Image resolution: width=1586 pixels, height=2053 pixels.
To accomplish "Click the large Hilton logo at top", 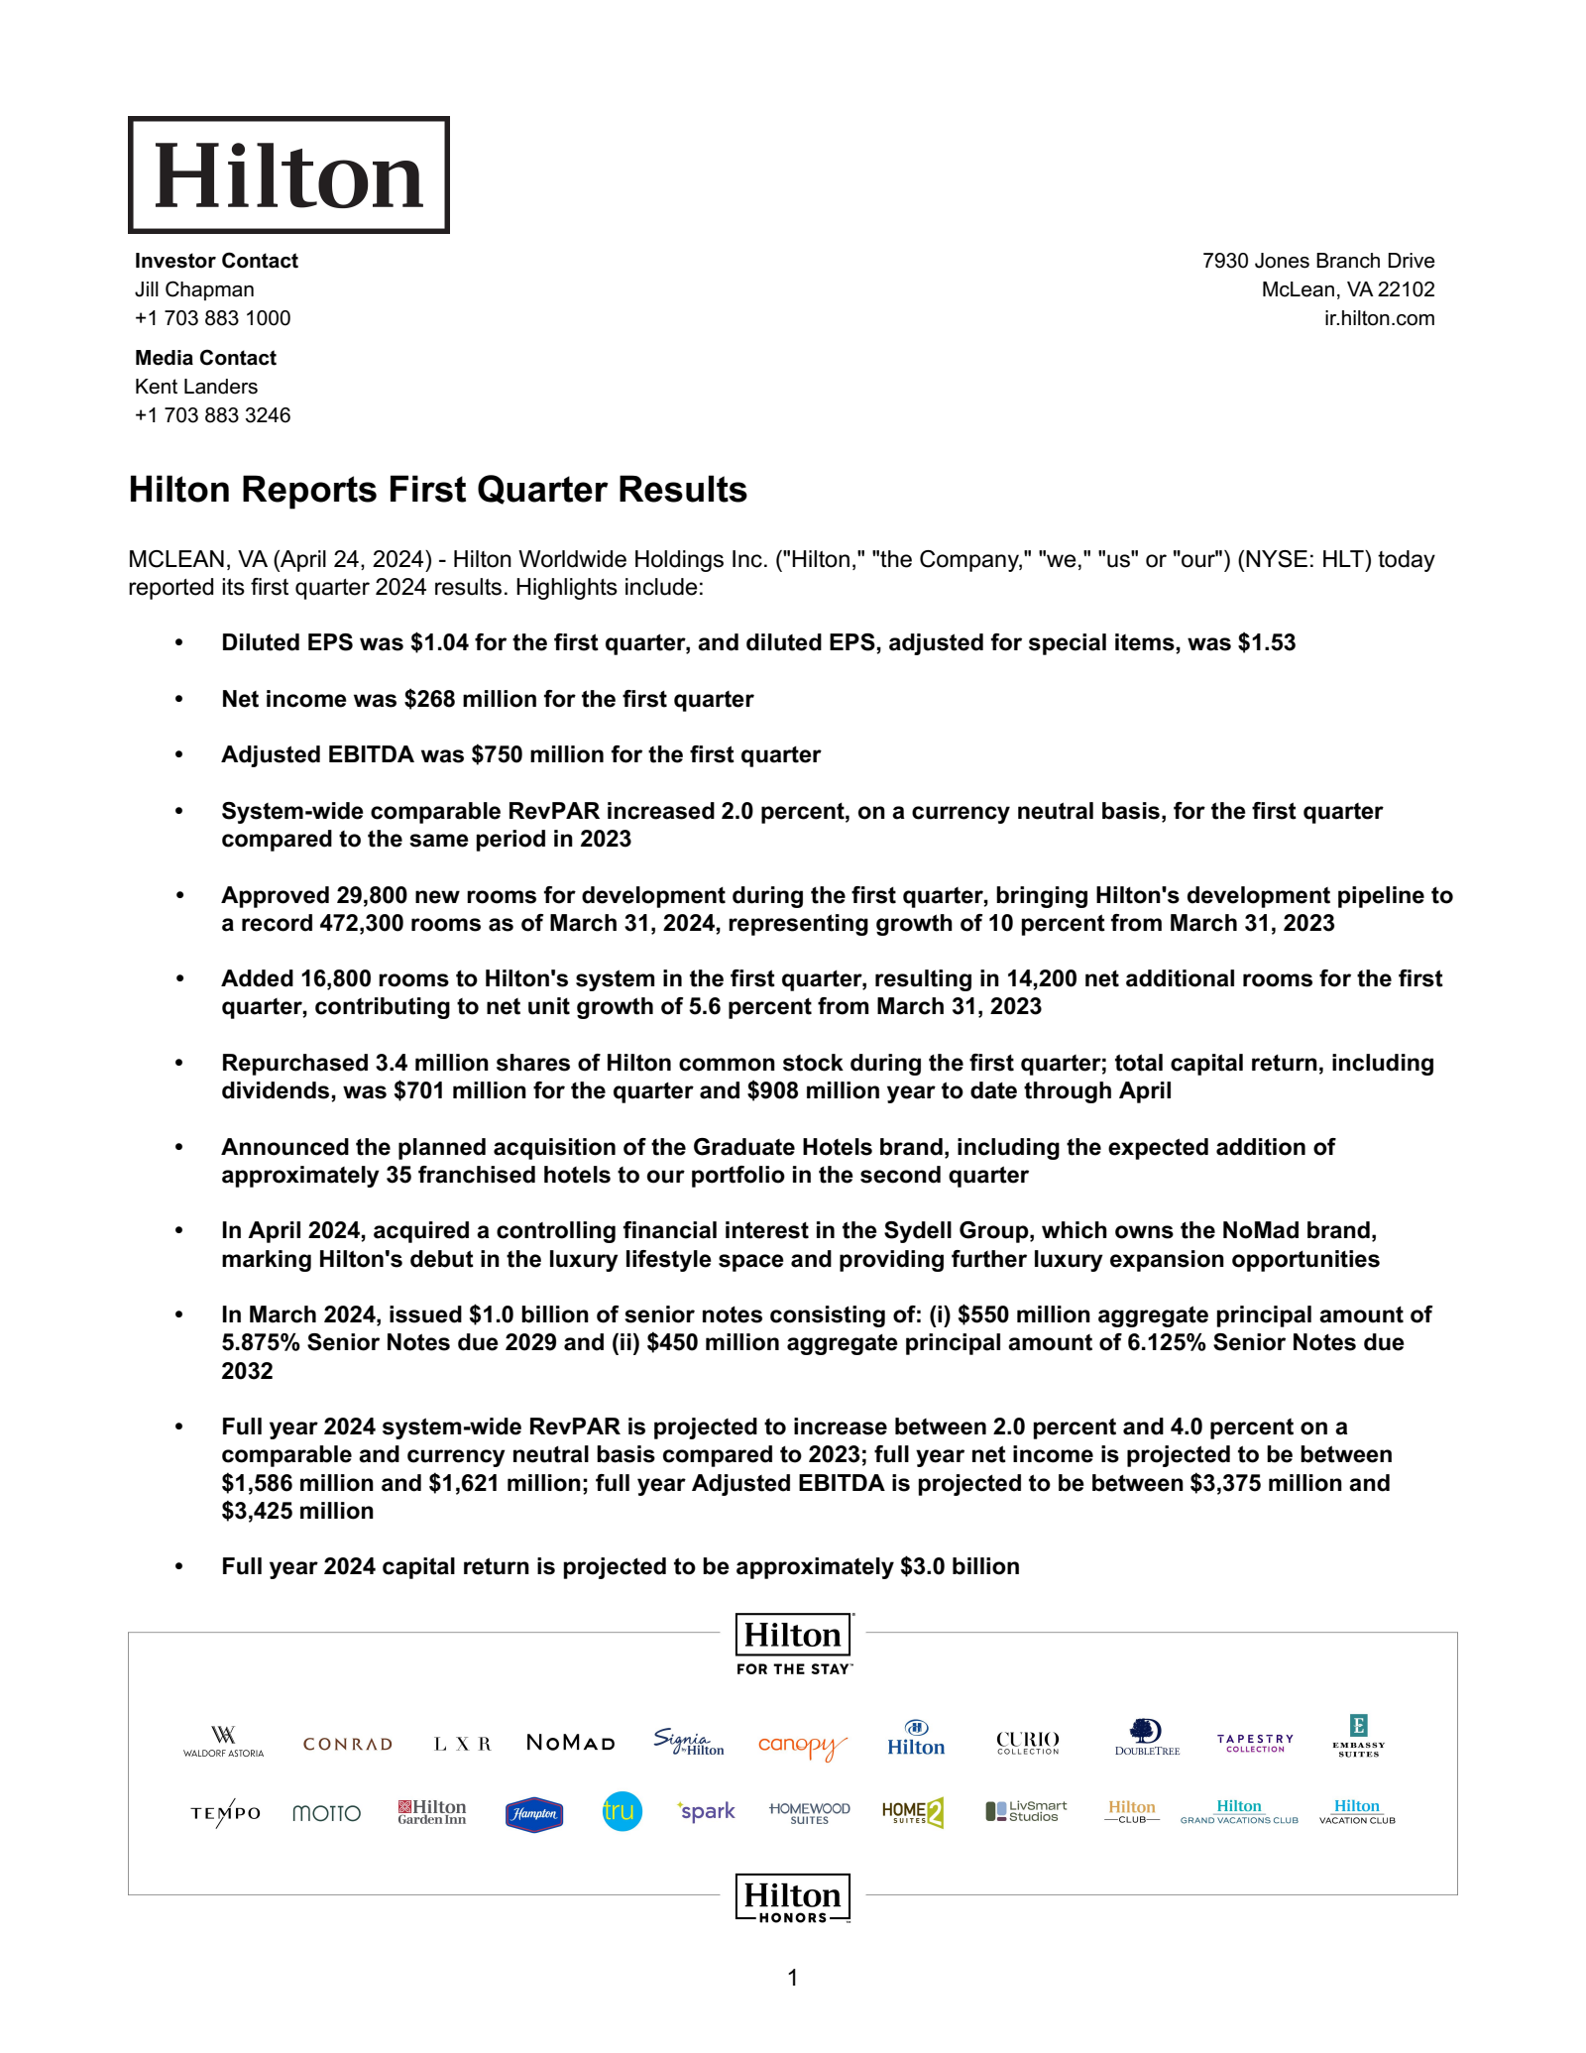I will click(288, 175).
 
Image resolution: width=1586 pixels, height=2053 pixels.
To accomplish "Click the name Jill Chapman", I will click(194, 289).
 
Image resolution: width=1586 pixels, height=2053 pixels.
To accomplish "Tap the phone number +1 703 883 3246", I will click(212, 415).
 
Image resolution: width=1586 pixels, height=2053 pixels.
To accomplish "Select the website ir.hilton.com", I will click(1379, 318).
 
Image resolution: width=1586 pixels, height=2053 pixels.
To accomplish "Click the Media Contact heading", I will click(205, 358).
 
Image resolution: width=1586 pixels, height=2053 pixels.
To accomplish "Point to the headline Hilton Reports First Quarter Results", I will click(437, 490).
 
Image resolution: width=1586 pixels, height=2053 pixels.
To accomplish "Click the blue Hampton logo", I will click(534, 1814).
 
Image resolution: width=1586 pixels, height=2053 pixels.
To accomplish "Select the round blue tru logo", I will click(622, 1812).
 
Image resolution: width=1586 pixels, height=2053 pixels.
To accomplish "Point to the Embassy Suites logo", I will click(1358, 1737).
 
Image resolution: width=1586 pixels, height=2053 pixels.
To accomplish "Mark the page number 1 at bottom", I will click(792, 1979).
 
